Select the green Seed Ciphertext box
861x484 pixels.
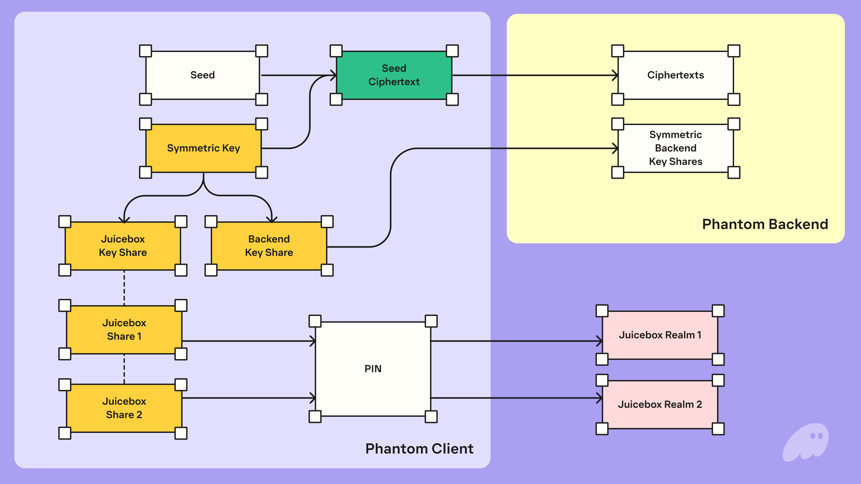(394, 75)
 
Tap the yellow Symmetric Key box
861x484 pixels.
(203, 148)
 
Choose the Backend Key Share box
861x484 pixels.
(269, 246)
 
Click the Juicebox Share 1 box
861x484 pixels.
(124, 330)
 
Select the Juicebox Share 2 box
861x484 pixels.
(124, 408)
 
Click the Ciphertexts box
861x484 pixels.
(676, 75)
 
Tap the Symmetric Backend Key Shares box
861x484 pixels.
(676, 148)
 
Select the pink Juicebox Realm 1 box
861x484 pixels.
(660, 335)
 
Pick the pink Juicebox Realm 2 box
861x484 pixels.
(660, 404)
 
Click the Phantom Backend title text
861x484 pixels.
(765, 224)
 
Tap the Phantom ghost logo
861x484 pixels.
(806, 442)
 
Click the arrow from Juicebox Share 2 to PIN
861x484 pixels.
(247, 398)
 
